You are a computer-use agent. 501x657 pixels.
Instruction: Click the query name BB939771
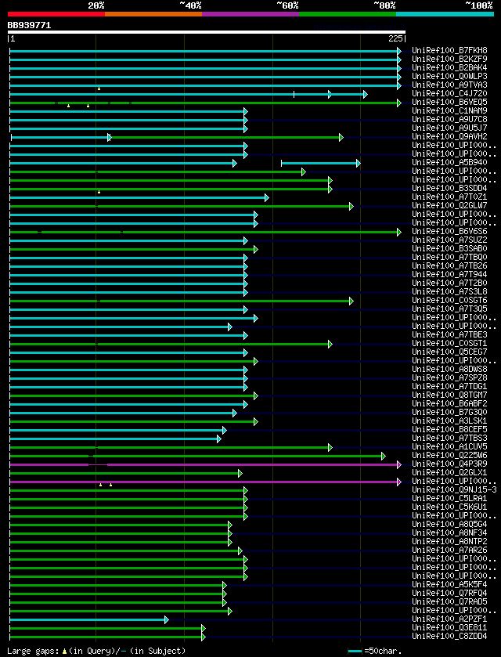(x=30, y=25)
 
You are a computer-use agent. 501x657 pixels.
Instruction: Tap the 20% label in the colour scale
(x=96, y=5)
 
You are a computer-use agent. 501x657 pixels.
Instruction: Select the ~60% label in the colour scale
(x=287, y=5)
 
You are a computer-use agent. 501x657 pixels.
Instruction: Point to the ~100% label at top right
(x=478, y=5)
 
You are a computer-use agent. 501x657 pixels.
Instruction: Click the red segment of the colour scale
(x=56, y=14)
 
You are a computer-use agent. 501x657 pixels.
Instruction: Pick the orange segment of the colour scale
(x=153, y=14)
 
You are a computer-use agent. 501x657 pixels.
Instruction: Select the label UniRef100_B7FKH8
(x=450, y=51)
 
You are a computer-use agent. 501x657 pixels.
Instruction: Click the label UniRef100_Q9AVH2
(x=450, y=137)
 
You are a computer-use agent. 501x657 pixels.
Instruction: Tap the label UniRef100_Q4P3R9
(x=450, y=464)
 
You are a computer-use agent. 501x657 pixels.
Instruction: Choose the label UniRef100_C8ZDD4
(x=450, y=637)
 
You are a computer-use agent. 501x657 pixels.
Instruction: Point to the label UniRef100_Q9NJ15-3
(x=454, y=490)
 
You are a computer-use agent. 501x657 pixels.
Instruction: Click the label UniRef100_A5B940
(x=450, y=163)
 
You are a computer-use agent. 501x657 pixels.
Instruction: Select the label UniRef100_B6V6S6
(x=450, y=232)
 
